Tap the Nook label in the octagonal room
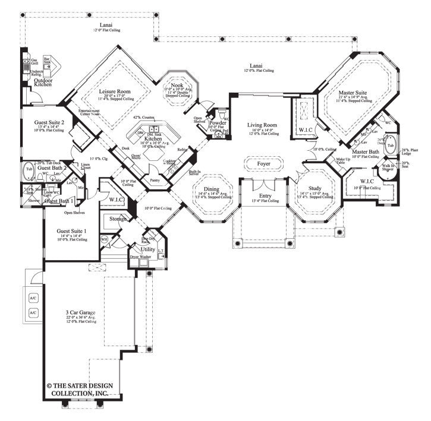178,86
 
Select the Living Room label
263,125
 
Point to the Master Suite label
353,93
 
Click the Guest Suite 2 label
49,122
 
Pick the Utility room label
148,249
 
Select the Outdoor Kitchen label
42,83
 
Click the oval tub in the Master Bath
391,145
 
